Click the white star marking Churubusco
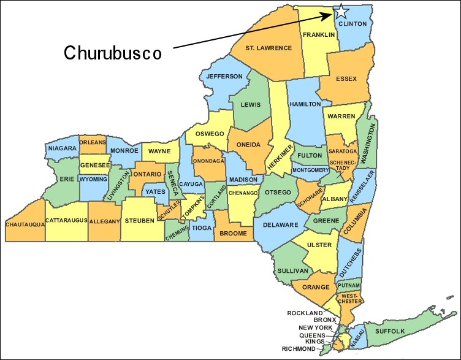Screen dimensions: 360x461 pyautogui.click(x=340, y=11)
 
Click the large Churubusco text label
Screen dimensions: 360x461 pyautogui.click(x=113, y=53)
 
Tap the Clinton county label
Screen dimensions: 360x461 pyautogui.click(x=352, y=24)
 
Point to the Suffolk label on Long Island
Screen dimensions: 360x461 pyautogui.click(x=390, y=331)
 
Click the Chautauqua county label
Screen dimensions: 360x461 pyautogui.click(x=25, y=224)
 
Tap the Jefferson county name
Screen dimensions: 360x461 pyautogui.click(x=224, y=77)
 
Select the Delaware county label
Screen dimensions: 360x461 pyautogui.click(x=280, y=224)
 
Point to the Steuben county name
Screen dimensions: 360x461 pyautogui.click(x=140, y=220)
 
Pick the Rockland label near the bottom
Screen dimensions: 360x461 pyautogui.click(x=305, y=313)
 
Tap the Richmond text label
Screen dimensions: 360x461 pyautogui.click(x=299, y=348)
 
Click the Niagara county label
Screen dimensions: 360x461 pyautogui.click(x=61, y=148)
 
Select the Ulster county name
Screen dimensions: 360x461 pyautogui.click(x=319, y=245)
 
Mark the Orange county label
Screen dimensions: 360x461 pyautogui.click(x=315, y=286)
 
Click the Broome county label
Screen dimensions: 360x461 pyautogui.click(x=233, y=234)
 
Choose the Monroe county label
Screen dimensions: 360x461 pyautogui.click(x=124, y=150)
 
